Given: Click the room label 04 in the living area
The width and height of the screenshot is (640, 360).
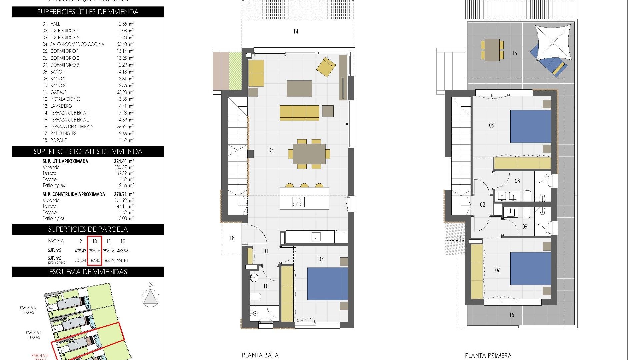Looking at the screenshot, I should point(271,150).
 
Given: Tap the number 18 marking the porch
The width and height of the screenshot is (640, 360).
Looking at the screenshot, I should point(232,238).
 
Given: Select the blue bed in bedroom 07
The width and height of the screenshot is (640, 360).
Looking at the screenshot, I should point(327,284).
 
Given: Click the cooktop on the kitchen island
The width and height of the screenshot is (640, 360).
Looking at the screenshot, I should point(298,202).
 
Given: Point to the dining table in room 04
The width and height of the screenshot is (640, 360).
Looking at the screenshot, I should point(309,154).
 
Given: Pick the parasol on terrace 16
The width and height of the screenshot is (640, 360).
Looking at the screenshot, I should point(553,42).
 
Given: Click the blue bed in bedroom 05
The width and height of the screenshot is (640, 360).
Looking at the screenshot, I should point(530,127).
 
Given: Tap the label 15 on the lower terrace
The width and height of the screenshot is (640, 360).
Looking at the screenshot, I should point(511,315).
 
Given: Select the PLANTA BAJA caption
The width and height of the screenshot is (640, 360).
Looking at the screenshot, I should point(260,355).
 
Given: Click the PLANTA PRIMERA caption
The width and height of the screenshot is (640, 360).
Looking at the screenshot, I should point(488,356).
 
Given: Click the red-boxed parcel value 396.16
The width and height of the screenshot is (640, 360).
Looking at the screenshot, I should point(95,251).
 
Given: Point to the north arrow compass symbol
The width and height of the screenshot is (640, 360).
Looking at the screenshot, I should point(150,297).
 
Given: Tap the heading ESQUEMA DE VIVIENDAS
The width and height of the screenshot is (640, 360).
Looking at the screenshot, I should point(88,272).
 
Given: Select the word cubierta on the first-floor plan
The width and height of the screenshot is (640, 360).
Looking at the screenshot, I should point(455,239).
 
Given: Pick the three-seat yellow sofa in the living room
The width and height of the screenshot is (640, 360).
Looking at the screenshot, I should point(299,113).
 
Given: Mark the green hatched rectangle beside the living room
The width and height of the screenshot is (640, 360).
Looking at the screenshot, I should point(235,71).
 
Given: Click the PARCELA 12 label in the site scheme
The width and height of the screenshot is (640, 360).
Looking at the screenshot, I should point(28,308).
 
